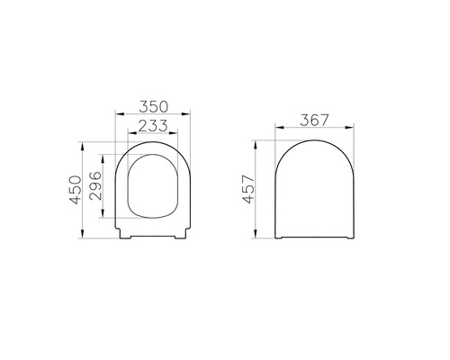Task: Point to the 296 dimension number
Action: point(95,189)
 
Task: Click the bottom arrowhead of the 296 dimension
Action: point(106,220)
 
